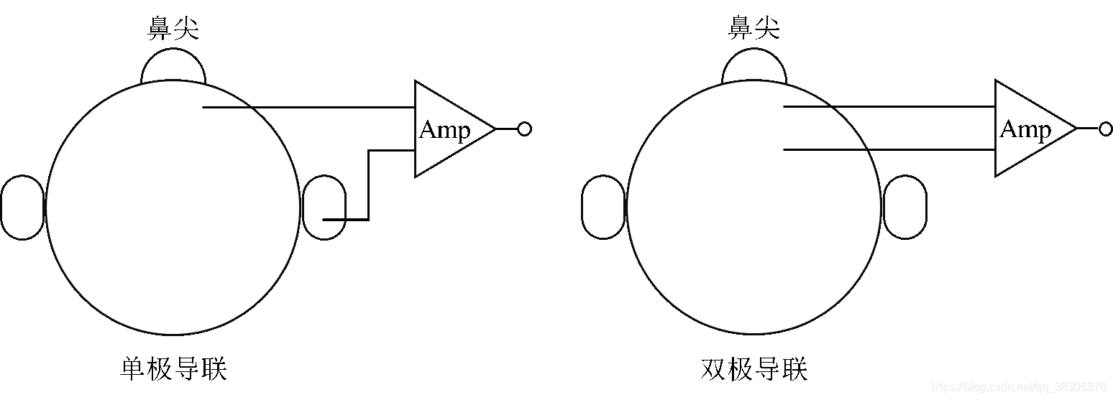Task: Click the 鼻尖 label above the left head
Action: pyautogui.click(x=173, y=29)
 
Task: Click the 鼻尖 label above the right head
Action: pyautogui.click(x=754, y=29)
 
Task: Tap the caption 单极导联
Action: pyautogui.click(x=173, y=369)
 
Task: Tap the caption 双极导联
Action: pyautogui.click(x=754, y=369)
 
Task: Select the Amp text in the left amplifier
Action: pyautogui.click(x=444, y=130)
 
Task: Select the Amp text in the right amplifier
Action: pyautogui.click(x=1025, y=130)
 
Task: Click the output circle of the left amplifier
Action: pyautogui.click(x=524, y=129)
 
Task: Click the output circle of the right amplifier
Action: pyautogui.click(x=1105, y=129)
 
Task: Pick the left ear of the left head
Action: pyautogui.click(x=22, y=208)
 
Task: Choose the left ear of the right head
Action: pyautogui.click(x=603, y=208)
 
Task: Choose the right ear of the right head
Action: pyautogui.click(x=904, y=208)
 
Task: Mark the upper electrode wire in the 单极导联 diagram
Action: pyautogui.click(x=309, y=107)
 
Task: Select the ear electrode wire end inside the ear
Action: pyautogui.click(x=326, y=219)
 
